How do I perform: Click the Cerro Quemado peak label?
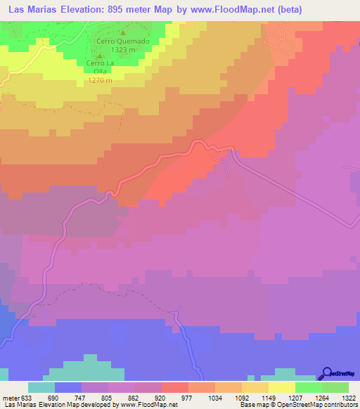123,41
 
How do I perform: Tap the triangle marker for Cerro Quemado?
124,32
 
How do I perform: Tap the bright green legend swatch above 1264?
308,387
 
